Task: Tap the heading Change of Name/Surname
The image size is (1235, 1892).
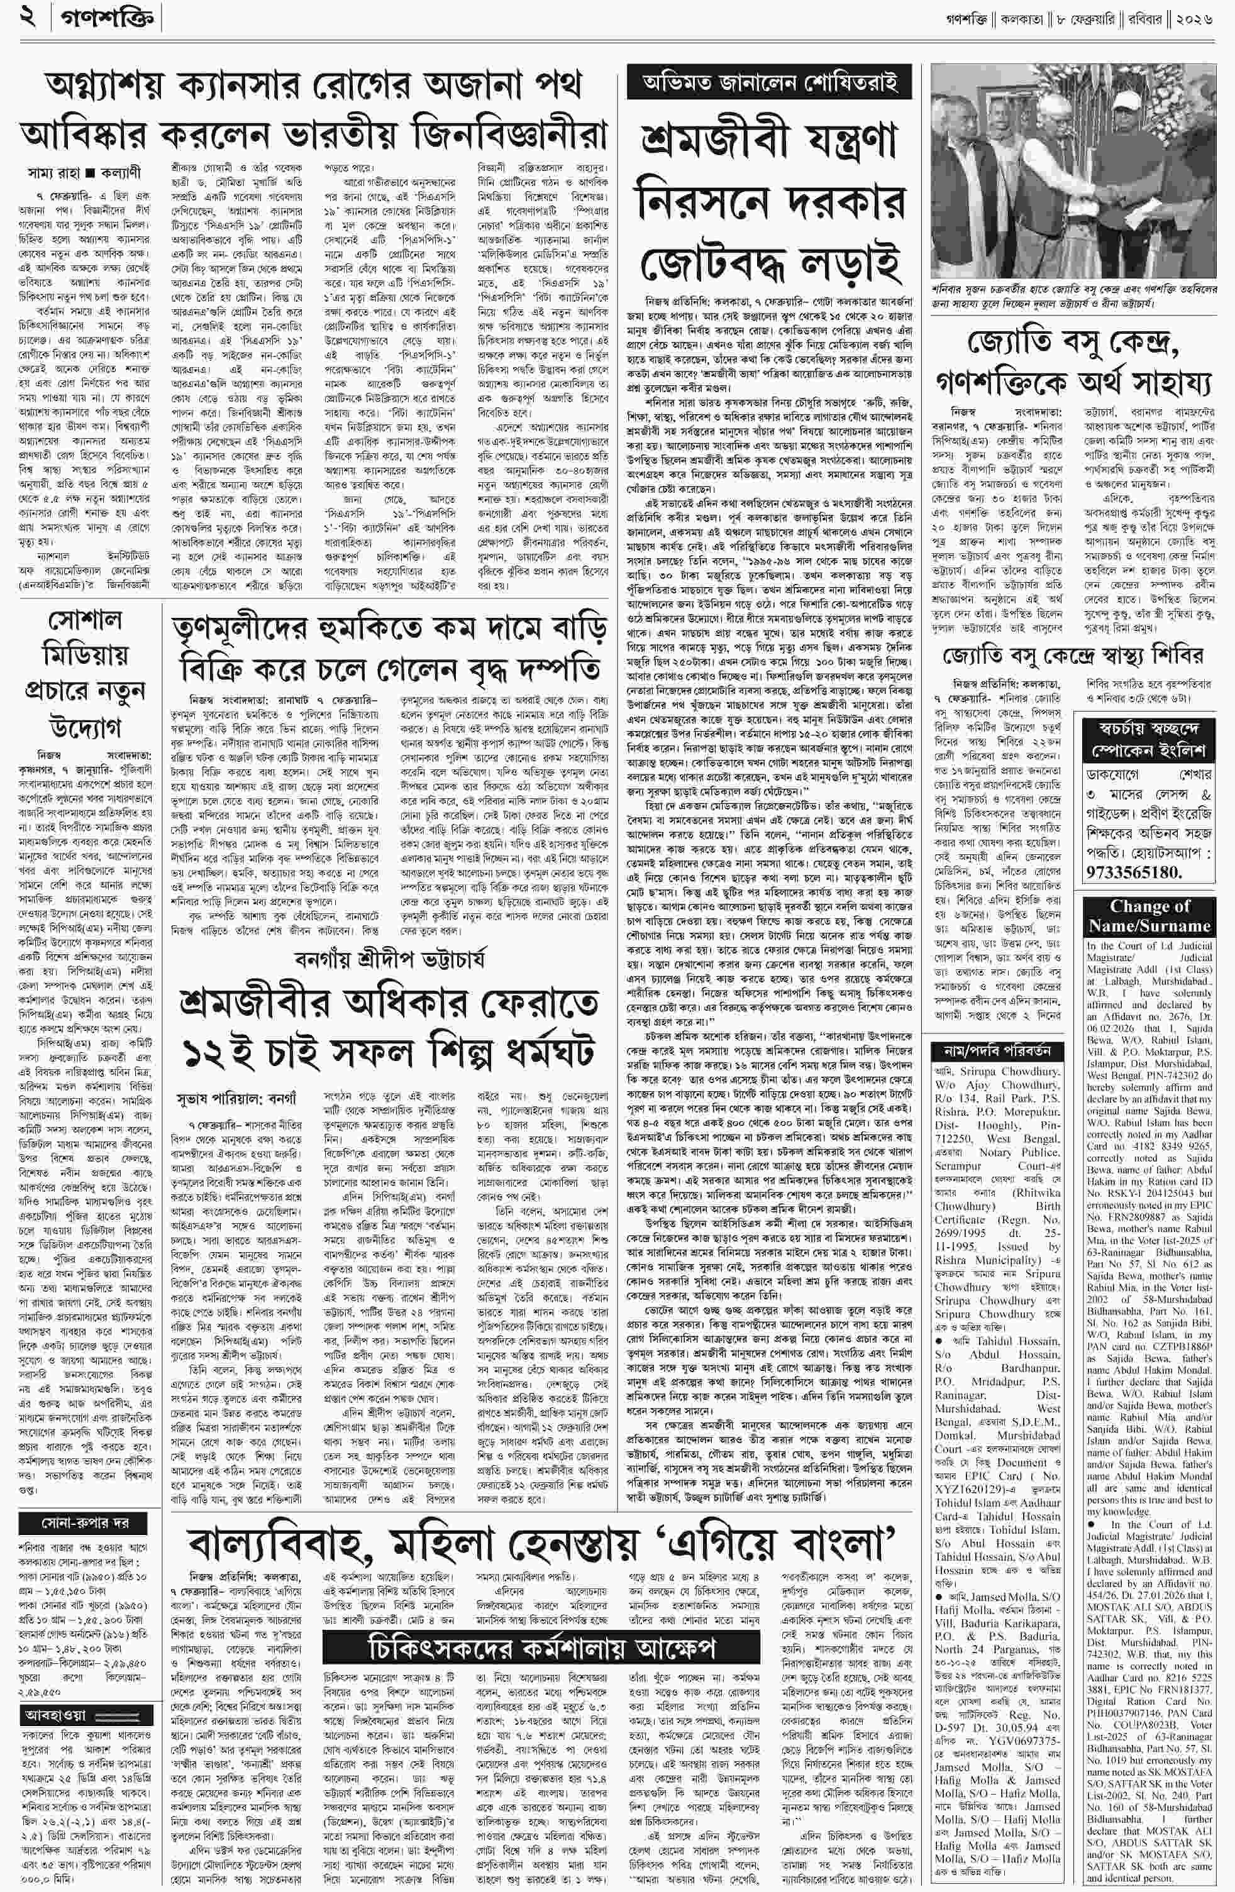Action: point(1149,916)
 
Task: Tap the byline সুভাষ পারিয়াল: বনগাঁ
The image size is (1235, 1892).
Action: point(235,1099)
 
